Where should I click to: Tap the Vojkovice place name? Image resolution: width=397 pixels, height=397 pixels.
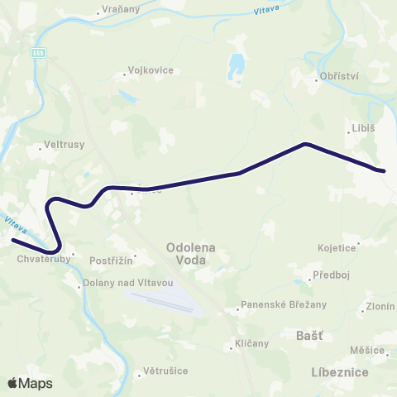pos(151,70)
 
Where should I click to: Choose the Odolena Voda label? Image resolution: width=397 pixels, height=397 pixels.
pos(192,252)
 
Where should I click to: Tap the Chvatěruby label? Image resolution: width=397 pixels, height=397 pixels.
pos(41,258)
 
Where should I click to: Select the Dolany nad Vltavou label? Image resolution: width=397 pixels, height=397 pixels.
pos(128,283)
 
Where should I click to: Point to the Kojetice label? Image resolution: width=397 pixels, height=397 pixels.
pos(337,247)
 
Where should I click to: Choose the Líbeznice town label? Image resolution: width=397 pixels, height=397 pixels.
pos(340,373)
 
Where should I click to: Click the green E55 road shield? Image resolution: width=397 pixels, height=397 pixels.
pos(39,53)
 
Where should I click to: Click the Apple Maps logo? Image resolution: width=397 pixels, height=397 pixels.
pos(30,383)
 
